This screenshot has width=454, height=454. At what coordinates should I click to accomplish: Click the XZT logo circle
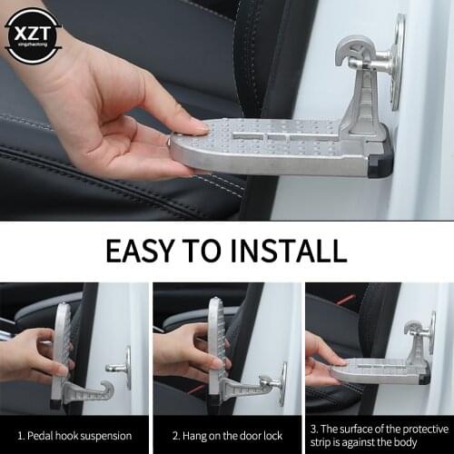tap(32, 35)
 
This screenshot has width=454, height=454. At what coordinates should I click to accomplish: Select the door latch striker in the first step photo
tap(121, 368)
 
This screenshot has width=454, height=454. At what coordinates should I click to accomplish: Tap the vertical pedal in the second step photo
tap(216, 350)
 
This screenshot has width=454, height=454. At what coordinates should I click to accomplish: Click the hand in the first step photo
tap(32, 354)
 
